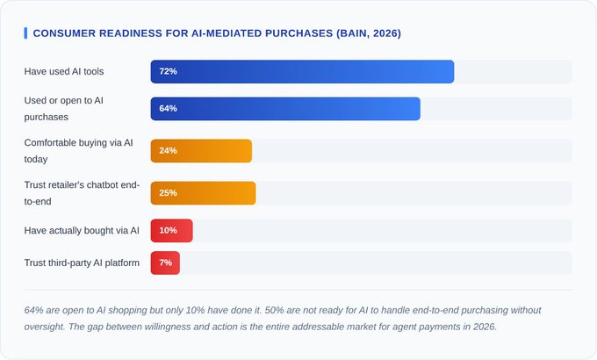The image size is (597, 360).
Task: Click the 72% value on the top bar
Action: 169,71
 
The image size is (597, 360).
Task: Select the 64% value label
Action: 169,109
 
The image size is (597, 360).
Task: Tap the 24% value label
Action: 169,151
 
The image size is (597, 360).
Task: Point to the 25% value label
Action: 169,193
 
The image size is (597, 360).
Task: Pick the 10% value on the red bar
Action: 169,231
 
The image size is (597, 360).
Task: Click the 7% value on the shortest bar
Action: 166,263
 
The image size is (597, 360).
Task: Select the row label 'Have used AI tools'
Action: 64,71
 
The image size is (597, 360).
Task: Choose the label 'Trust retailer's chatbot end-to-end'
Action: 76,193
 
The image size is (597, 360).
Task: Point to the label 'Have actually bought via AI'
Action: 82,231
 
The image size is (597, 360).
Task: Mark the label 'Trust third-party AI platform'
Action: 82,263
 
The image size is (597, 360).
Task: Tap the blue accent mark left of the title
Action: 25,32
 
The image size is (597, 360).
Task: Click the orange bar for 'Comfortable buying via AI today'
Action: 201,151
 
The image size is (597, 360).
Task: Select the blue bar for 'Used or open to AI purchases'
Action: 285,109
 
